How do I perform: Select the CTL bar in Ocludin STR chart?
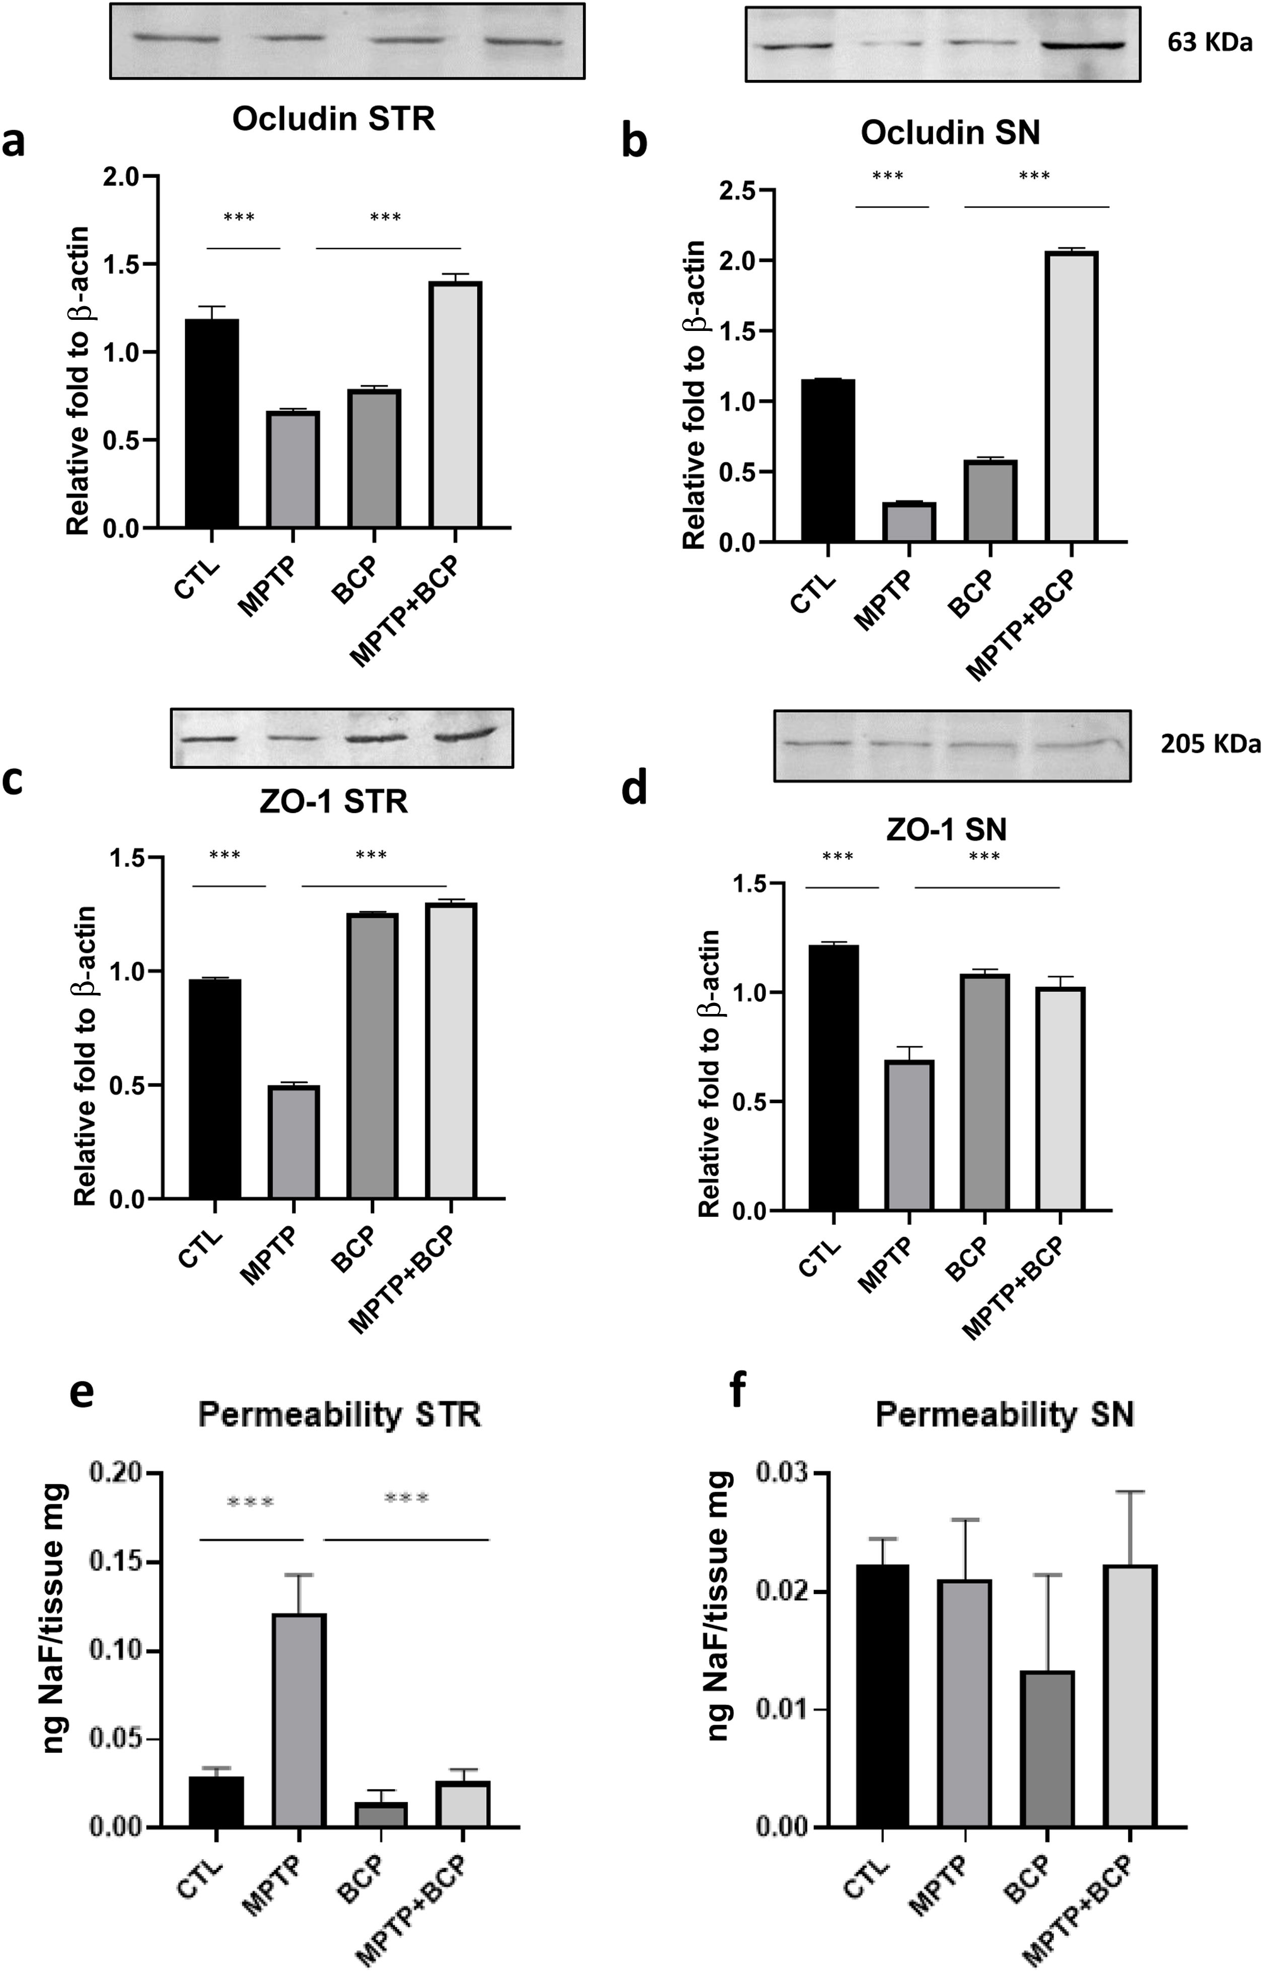(212, 423)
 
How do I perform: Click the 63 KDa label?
(1209, 43)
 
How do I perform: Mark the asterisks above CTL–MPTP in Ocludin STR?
(240, 218)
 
